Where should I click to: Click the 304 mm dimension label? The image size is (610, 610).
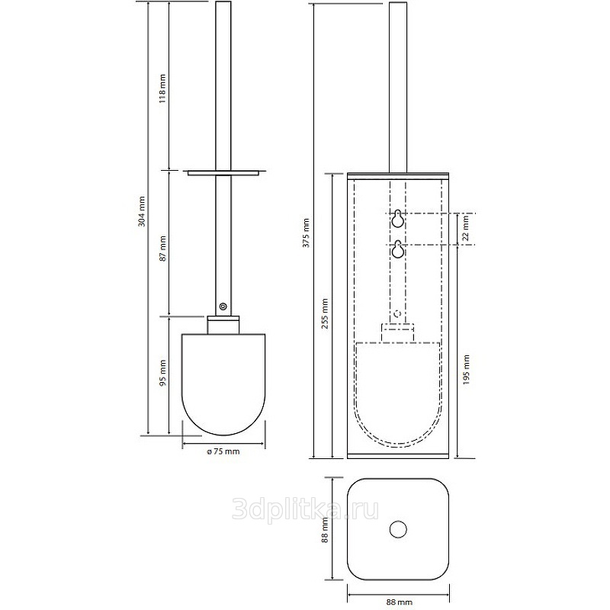142,212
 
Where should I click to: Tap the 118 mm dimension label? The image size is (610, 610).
162,88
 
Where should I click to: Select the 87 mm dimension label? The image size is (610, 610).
162,249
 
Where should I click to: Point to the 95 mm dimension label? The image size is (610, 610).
162,372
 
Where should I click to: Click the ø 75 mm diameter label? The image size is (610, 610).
223,451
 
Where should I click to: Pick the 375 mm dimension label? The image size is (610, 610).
307,233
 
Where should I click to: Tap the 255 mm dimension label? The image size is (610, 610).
326,313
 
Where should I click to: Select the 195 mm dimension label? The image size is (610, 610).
467,370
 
